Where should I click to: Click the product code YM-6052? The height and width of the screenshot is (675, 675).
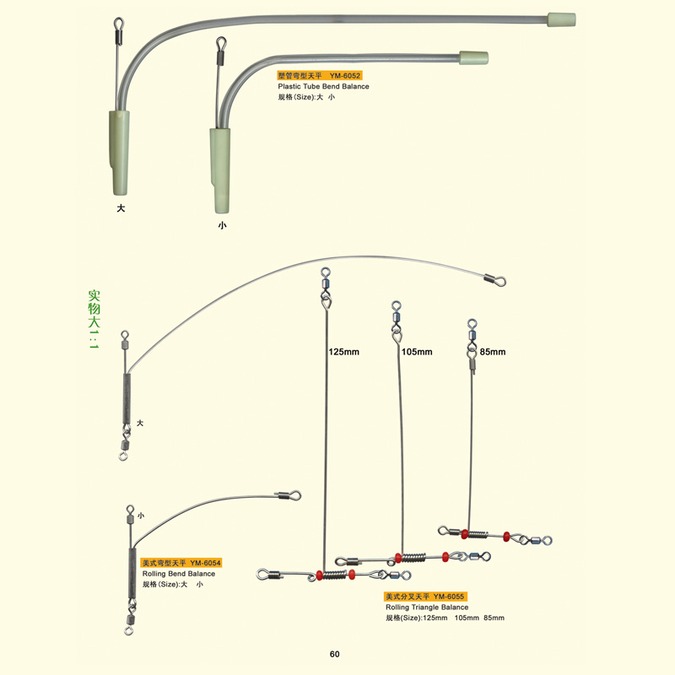point(345,76)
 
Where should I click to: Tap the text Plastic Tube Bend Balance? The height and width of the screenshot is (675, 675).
point(323,87)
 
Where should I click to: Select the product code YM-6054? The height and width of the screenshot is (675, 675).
point(205,563)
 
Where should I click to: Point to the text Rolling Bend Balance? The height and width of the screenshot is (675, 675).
point(179,574)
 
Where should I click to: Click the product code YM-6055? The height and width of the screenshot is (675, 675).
point(449,597)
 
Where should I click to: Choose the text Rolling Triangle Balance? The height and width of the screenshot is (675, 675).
point(427,607)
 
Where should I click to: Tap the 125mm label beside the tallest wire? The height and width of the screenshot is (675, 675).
point(343,352)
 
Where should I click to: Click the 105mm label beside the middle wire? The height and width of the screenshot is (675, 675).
point(417,352)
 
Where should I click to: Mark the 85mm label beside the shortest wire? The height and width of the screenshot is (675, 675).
point(493,352)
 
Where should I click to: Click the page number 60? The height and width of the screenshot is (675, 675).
point(334,655)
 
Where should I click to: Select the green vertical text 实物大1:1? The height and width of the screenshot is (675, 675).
point(94,320)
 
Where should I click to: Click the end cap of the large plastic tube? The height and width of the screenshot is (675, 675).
point(561,19)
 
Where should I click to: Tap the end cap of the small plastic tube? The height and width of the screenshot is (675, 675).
point(473,58)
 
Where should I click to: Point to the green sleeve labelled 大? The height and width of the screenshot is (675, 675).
point(119,153)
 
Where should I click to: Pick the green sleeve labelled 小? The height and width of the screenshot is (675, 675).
point(220,170)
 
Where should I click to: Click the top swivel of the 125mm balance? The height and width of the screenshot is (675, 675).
point(326,284)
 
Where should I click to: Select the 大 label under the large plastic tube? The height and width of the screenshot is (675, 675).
point(121,208)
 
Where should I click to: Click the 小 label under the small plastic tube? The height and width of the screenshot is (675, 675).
point(222,225)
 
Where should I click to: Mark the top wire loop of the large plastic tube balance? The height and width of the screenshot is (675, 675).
point(118,24)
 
